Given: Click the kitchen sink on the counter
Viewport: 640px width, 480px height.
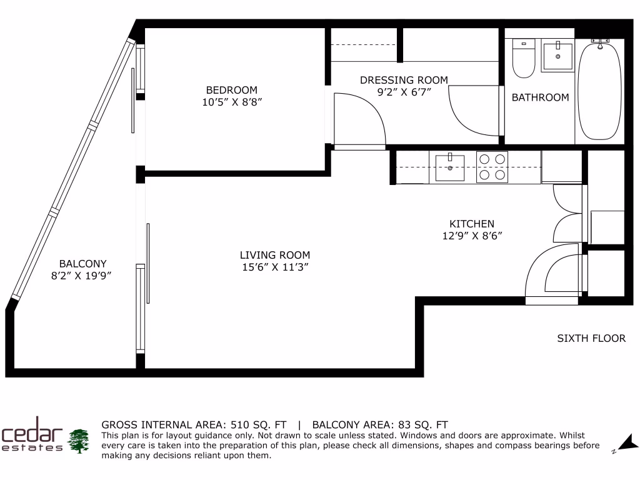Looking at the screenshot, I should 450,167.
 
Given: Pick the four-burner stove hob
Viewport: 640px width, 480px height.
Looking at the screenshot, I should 492,167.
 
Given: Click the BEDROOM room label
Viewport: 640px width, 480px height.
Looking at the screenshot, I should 231,90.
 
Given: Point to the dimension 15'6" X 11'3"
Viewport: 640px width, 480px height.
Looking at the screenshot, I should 275,267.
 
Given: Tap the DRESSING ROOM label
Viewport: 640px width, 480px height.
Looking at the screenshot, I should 404,80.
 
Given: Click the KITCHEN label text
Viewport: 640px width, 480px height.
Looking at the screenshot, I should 472,224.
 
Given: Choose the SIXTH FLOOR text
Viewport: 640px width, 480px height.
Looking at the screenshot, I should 591,338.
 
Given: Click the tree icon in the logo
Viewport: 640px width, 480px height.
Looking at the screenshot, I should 79,441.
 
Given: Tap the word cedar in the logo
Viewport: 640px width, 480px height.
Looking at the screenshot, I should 32,432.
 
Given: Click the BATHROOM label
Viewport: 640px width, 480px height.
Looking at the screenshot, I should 540,97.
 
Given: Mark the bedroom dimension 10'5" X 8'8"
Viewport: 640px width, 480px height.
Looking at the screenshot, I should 231,102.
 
